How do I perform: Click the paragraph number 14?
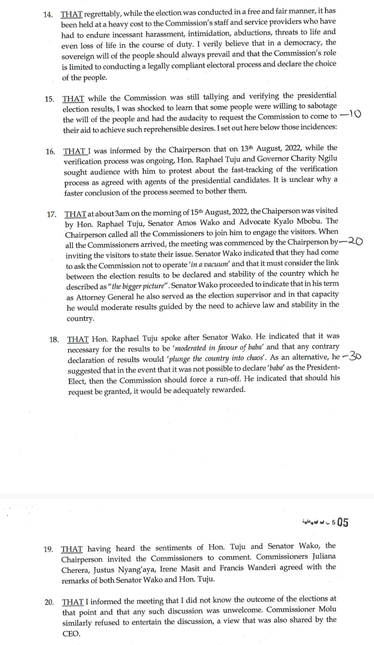48,15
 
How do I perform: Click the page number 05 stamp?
342,522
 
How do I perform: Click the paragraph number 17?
51,214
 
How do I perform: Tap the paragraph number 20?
49,602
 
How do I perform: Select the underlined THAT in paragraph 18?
78,339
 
